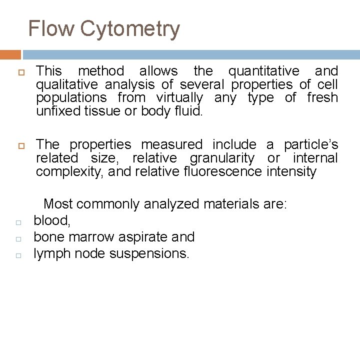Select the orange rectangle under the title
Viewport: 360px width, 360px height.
pyautogui.click(x=10, y=54)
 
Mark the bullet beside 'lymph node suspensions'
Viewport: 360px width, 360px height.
pyautogui.click(x=17, y=255)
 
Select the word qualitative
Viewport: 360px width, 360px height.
pyautogui.click(x=67, y=85)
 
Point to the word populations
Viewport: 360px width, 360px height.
pyautogui.click(x=71, y=98)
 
